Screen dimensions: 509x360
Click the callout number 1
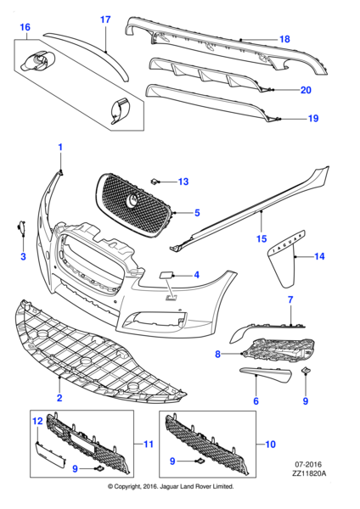pyautogui.click(x=60, y=148)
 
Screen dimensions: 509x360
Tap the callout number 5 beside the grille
pyautogui.click(x=196, y=213)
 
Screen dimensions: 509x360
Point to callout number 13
pyautogui.click(x=183, y=182)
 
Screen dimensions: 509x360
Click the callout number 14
pyautogui.click(x=320, y=256)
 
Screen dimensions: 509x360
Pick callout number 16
pyautogui.click(x=25, y=27)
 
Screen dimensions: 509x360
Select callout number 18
pyautogui.click(x=284, y=39)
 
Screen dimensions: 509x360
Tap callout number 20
pyautogui.click(x=306, y=90)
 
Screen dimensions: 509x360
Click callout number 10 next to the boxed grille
pyautogui.click(x=271, y=444)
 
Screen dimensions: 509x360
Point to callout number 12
pyautogui.click(x=37, y=421)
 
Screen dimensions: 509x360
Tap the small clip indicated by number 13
pyautogui.click(x=155, y=182)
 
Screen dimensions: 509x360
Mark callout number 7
pyautogui.click(x=289, y=299)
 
